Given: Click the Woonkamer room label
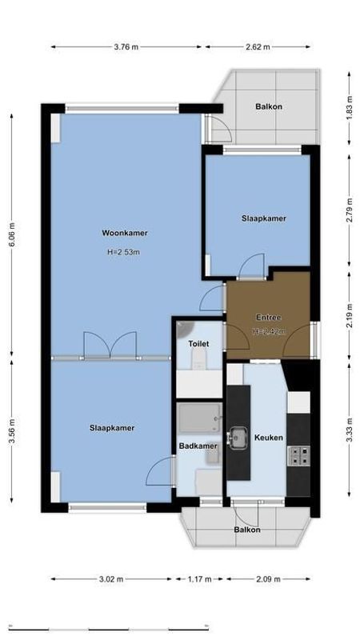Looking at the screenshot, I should (124, 234).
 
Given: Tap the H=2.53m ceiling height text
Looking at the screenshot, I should (123, 253).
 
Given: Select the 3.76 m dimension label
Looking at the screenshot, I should (126, 47).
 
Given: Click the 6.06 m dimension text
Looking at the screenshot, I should (11, 234).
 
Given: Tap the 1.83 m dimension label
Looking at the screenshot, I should (350, 109).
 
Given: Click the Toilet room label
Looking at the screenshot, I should (198, 344).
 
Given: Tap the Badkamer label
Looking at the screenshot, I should (198, 446).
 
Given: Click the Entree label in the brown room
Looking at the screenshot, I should (268, 318).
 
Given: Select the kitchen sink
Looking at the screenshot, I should (238, 437).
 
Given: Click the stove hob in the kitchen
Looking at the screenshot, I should (298, 456).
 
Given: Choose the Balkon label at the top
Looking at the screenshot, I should (268, 106).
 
